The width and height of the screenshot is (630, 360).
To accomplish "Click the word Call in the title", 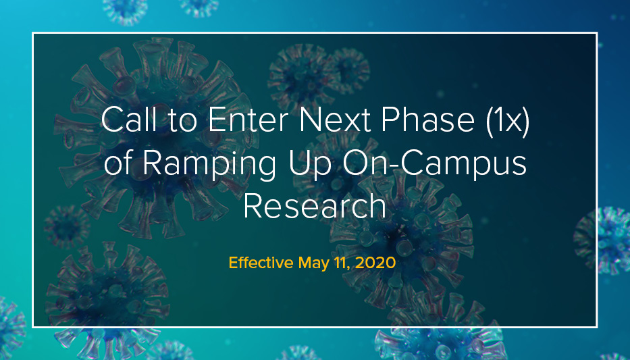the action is (128, 120).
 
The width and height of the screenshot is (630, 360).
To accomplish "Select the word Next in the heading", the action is (335, 120).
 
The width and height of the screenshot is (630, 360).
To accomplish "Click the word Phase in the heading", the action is (428, 120).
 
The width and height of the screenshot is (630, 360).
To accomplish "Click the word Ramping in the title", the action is (209, 164).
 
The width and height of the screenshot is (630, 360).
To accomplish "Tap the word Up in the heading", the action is (308, 164).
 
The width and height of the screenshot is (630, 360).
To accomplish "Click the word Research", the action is (315, 206).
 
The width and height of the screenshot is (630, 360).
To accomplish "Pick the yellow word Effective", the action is (261, 263).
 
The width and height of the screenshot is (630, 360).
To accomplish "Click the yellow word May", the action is (313, 263).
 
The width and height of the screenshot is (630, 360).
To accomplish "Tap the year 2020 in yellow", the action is (375, 263).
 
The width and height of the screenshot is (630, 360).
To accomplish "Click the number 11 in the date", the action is (342, 263).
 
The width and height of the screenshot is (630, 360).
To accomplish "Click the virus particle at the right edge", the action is (603, 240).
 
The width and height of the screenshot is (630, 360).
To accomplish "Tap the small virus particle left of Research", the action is (67, 227).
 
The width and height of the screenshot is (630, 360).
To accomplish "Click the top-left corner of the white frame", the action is (32, 32).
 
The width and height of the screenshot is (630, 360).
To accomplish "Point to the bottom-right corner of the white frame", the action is (597, 327).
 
